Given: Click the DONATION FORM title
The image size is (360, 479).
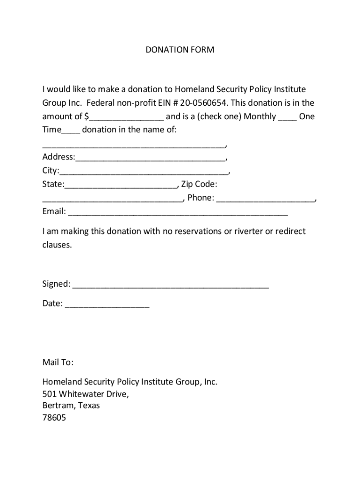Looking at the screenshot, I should (x=180, y=50).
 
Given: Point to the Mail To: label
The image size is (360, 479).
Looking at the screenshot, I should (x=58, y=363).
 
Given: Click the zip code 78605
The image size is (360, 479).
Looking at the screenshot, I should (x=54, y=418).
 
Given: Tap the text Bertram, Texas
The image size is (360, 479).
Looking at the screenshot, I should (x=71, y=406).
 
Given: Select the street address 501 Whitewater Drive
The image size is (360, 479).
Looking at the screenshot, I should (x=85, y=394).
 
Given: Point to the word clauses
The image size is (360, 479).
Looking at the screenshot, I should (x=57, y=245).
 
